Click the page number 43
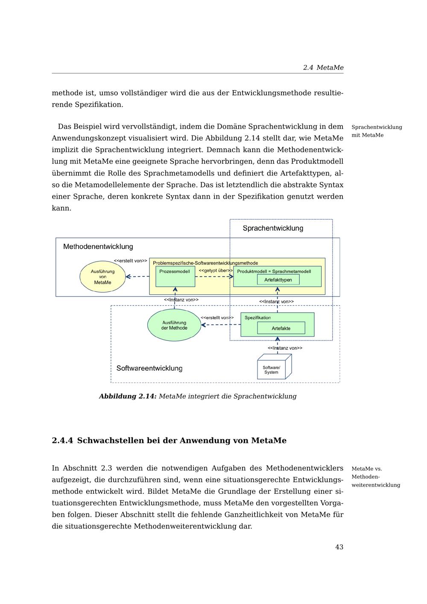(x=339, y=547)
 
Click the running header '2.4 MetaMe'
(x=323, y=67)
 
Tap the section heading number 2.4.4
(x=62, y=440)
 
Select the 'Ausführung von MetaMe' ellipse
(x=103, y=277)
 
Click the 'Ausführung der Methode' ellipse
(x=174, y=325)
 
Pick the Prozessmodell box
(x=175, y=277)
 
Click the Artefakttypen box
(x=278, y=280)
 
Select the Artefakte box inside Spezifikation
(x=281, y=328)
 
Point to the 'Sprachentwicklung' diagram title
(x=273, y=228)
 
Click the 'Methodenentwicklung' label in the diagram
(x=98, y=246)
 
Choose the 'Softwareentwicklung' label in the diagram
(x=149, y=368)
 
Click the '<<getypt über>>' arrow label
(x=216, y=270)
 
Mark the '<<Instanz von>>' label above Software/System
(x=285, y=348)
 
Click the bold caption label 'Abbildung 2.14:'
(x=128, y=396)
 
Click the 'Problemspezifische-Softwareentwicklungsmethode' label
(x=205, y=263)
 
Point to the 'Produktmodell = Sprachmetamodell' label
(x=274, y=271)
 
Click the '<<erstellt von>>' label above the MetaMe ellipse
(x=130, y=261)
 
